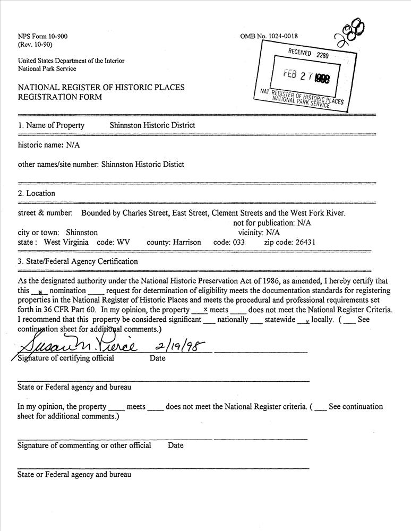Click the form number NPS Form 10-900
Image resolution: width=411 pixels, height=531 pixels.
pos(43,37)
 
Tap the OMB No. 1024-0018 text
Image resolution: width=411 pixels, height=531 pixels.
pos(269,37)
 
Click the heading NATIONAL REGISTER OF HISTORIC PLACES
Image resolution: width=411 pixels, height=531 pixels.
pos(101,88)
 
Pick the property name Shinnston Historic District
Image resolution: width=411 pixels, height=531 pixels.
pos(152,125)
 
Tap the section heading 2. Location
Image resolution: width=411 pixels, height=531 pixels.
pos(37,193)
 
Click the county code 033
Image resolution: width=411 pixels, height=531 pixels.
pos(237,242)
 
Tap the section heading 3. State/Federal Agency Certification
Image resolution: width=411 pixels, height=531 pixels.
pos(78,261)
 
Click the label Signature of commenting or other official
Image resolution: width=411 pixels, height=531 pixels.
pos(84,446)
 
